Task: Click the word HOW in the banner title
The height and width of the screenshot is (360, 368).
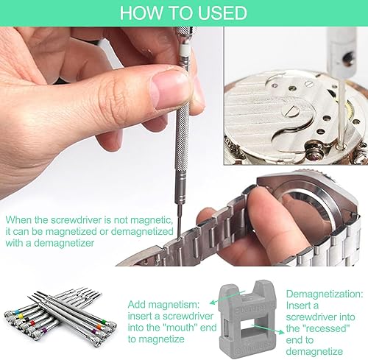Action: (141, 13)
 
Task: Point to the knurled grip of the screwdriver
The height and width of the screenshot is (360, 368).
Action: (183, 138)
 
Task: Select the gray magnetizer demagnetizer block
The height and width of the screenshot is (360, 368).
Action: (247, 318)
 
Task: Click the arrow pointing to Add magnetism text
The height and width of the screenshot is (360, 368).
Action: (227, 297)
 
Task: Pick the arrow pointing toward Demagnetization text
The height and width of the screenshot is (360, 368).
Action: (268, 328)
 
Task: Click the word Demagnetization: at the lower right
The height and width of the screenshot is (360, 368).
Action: (325, 294)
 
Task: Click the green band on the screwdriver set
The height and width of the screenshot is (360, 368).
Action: (103, 321)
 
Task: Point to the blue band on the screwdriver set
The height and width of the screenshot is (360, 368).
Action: (17, 312)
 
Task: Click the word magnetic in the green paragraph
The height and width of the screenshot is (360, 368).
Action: (151, 220)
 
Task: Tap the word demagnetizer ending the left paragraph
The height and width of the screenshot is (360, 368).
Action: (64, 243)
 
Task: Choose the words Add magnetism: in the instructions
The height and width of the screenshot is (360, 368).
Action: (163, 305)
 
